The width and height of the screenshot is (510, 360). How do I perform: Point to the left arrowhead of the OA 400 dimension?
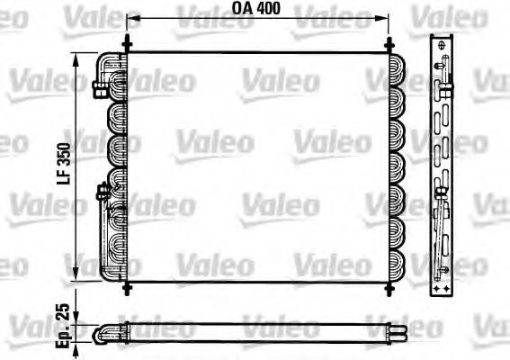pyautogui.click(x=132, y=18)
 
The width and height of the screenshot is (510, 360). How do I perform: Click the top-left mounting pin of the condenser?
pyautogui.click(x=127, y=43)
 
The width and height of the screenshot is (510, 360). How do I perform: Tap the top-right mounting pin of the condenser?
pyautogui.click(x=389, y=43)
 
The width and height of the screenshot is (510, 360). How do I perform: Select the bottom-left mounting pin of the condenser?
pyautogui.click(x=127, y=287)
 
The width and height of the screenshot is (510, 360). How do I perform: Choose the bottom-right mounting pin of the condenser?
pyautogui.click(x=389, y=287)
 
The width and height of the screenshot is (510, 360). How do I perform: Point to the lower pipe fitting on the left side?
pyautogui.click(x=102, y=190)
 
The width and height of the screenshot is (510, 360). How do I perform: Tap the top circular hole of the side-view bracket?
pyautogui.click(x=442, y=46)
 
